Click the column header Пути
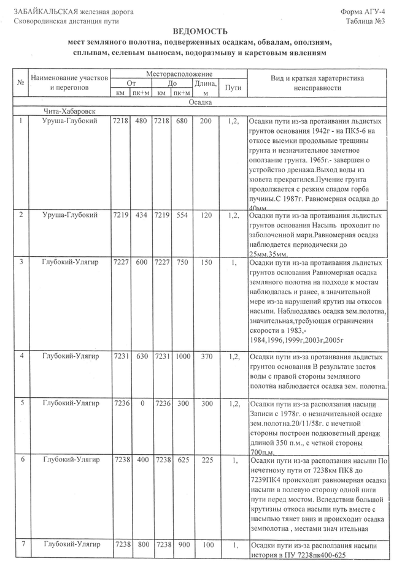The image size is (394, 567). coord(233,88)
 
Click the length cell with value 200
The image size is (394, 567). coord(206,121)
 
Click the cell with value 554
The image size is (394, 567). coord(181,215)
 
